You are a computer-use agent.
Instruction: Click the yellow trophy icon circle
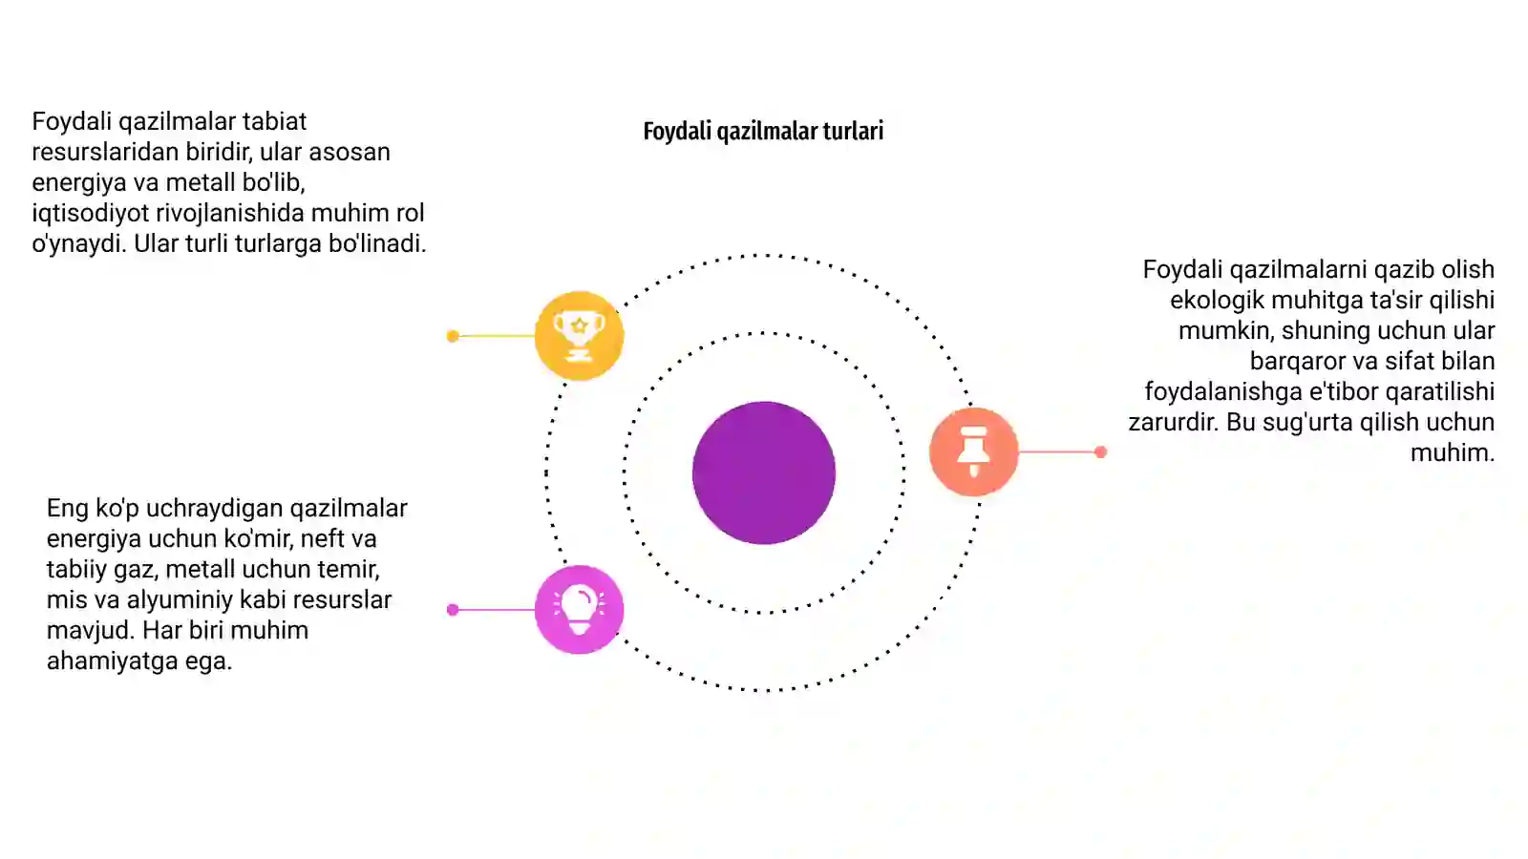pos(579,335)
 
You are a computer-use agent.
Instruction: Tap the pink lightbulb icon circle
pos(579,610)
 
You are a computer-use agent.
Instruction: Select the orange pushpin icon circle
pos(973,451)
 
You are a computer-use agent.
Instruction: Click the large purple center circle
pos(764,472)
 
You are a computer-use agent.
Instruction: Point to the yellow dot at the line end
pos(453,336)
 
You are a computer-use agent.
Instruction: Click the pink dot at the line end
pos(453,610)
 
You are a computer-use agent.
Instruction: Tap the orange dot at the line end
pos(1100,452)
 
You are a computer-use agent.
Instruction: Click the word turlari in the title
pos(853,131)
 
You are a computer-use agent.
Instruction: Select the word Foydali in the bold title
pos(677,131)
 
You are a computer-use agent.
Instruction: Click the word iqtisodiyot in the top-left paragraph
pos(90,214)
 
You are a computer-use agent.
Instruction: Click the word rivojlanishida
pos(230,214)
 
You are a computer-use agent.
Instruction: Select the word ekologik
pos(1217,300)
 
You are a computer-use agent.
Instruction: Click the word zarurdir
pos(1173,423)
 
